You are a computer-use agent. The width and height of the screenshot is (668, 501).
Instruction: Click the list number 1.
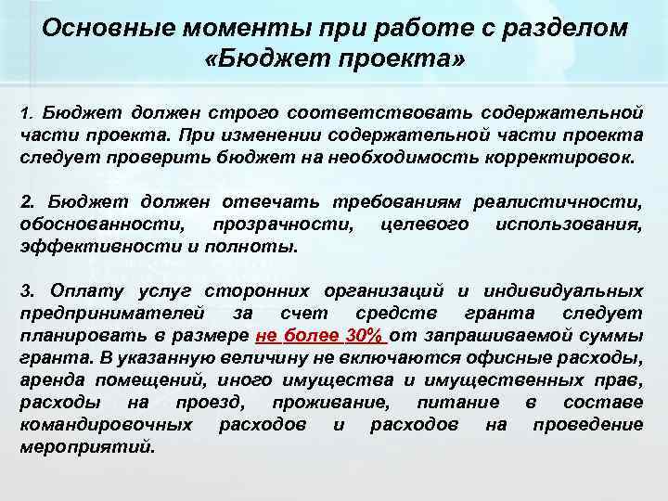[x=26, y=114]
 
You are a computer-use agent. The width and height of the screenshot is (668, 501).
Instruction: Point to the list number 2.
[x=26, y=201]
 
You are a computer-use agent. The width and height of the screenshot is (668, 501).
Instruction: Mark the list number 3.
[x=26, y=291]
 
